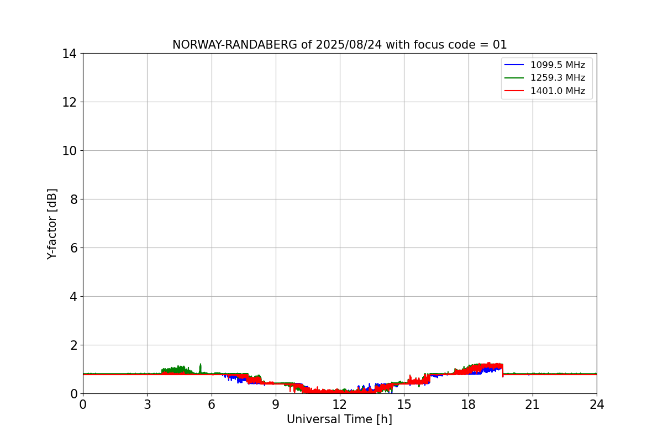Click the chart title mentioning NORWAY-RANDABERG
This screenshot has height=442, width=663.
pyautogui.click(x=339, y=45)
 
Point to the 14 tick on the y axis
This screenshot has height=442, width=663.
pyautogui.click(x=71, y=54)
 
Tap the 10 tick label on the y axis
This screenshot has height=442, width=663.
pyautogui.click(x=71, y=151)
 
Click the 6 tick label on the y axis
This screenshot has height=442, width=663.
pyautogui.click(x=74, y=248)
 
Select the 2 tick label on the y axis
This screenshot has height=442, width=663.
pyautogui.click(x=74, y=345)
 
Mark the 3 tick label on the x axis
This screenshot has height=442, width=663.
pyautogui.click(x=147, y=404)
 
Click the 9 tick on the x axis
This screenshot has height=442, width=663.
pyautogui.click(x=276, y=404)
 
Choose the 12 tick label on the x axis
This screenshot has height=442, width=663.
pyautogui.click(x=340, y=404)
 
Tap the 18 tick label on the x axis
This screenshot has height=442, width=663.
pyautogui.click(x=469, y=404)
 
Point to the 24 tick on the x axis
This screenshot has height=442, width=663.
pyautogui.click(x=597, y=404)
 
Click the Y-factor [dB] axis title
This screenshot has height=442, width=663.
pyautogui.click(x=52, y=224)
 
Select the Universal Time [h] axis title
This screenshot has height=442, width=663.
pyautogui.click(x=339, y=420)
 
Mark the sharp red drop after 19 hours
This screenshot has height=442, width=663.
pyautogui.click(x=503, y=373)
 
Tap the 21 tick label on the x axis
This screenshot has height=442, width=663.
pyautogui.click(x=533, y=404)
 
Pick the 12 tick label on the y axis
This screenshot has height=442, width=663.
pyautogui.click(x=71, y=102)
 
